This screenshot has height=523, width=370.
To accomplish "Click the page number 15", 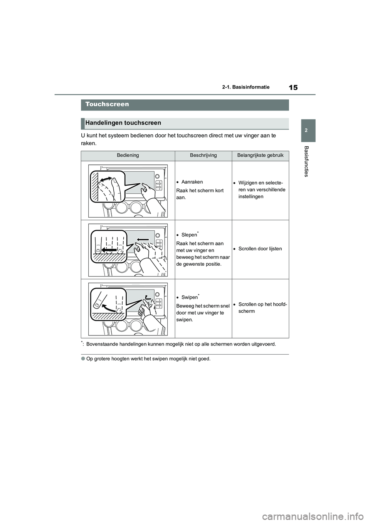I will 293,87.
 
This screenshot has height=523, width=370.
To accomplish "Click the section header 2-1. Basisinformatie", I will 246,87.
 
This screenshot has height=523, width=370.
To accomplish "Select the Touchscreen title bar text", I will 107,104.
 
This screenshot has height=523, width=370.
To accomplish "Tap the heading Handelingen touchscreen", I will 123,123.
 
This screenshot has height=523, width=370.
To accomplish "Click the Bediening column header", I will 128,155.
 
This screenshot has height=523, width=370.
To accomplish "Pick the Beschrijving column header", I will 203,155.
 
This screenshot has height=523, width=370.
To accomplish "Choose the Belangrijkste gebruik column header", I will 260,155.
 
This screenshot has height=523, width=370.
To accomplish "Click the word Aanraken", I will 192,182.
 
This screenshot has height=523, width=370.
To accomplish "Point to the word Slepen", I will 189,235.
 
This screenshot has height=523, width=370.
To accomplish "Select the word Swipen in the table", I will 189,297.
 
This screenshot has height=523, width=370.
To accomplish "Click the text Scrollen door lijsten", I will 260,249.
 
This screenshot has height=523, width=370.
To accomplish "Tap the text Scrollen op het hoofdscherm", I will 262,308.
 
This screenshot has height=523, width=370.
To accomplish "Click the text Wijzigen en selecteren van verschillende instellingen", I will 262,189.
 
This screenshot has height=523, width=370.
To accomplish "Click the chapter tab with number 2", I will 306,131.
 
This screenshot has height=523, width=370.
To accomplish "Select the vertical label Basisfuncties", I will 306,161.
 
